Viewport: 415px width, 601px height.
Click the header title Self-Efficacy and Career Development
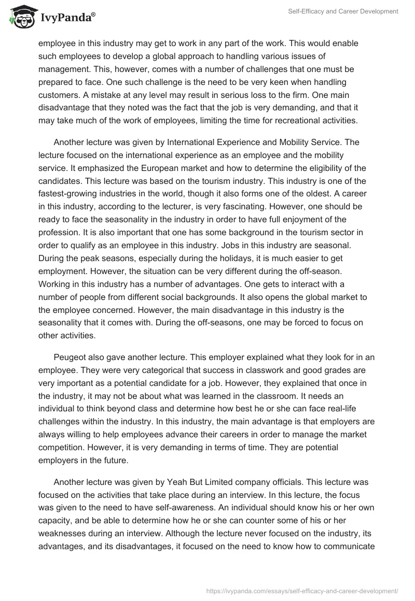click(344, 11)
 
